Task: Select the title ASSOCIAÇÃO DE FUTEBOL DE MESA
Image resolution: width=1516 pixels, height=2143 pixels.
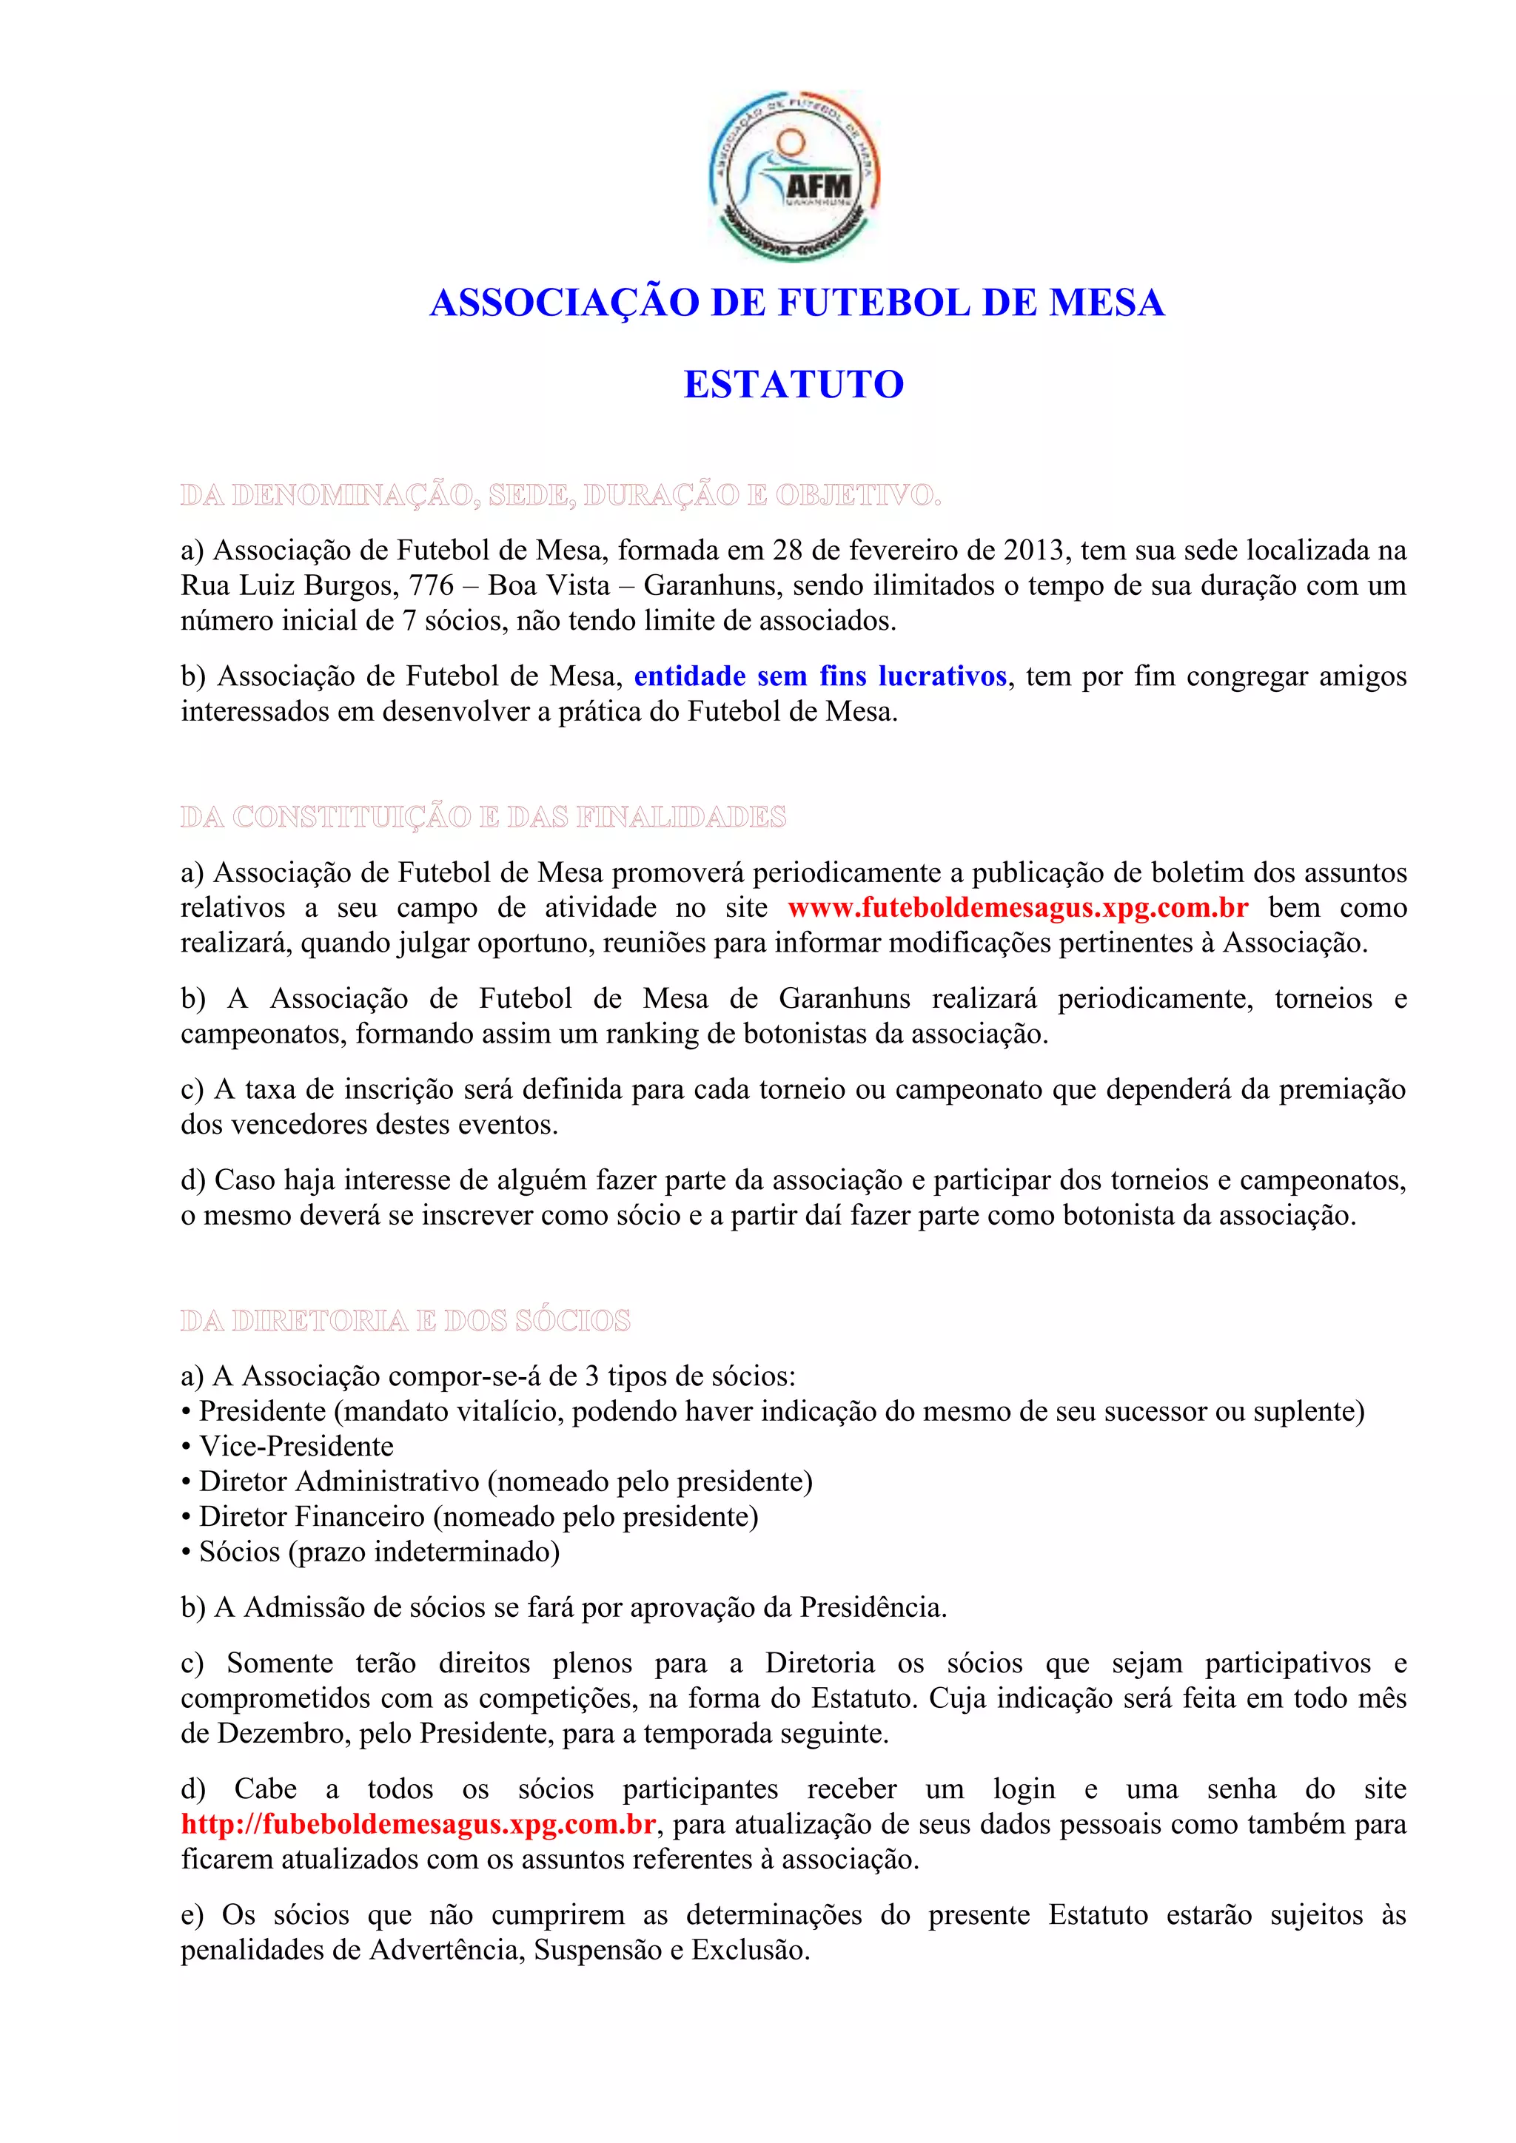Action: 796,303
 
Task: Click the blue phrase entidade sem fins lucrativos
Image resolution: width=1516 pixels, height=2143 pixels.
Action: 819,676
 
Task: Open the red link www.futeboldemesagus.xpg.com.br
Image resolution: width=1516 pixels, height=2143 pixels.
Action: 1018,908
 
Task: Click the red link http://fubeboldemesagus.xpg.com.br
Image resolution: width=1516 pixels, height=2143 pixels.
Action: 418,1825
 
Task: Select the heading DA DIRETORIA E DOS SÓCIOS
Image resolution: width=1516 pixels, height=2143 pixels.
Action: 405,1321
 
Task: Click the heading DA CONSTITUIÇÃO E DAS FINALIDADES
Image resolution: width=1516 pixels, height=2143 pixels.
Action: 483,818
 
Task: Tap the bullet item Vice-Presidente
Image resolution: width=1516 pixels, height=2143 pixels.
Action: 296,1447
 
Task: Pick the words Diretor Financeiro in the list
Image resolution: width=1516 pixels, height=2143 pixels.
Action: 312,1517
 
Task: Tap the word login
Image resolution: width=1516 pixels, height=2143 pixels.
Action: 1023,1789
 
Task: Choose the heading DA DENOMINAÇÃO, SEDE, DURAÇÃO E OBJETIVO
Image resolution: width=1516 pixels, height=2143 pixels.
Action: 560,495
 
